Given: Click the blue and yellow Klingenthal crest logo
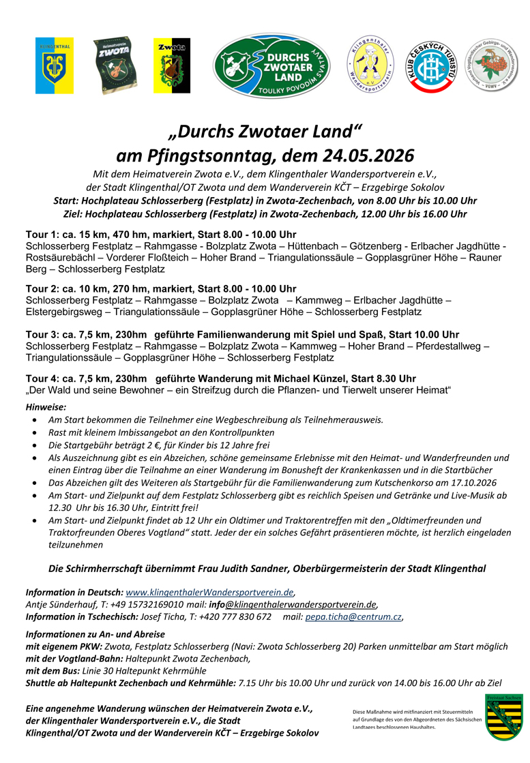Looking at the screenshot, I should pos(54,66).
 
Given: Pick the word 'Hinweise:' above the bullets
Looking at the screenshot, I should pos(46,407).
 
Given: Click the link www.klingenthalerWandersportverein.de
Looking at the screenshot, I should pos(210,592).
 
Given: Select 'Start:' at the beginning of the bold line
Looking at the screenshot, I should pos(66,200).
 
